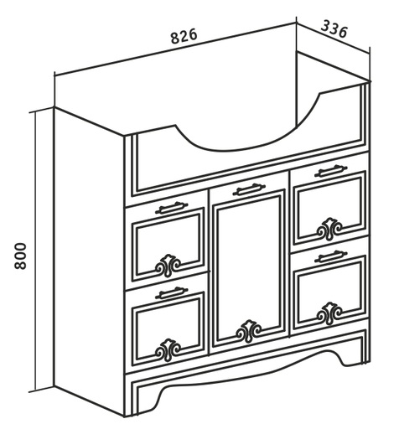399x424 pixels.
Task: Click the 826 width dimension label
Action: (184, 36)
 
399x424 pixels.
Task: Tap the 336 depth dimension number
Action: (334, 29)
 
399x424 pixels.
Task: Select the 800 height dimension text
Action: (20, 256)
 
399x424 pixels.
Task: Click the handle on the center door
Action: (249, 189)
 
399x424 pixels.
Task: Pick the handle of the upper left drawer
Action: (172, 208)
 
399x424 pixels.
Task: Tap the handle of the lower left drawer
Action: (172, 292)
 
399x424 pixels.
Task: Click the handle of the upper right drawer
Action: (331, 171)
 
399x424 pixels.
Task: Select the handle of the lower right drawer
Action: (331, 256)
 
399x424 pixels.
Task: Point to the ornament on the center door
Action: (249, 331)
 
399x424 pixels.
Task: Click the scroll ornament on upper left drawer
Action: (168, 266)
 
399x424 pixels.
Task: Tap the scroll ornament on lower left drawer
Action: (168, 350)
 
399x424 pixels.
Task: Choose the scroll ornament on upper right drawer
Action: (329, 229)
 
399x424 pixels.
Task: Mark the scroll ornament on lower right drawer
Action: (329, 313)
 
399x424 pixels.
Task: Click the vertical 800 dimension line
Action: (35, 292)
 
